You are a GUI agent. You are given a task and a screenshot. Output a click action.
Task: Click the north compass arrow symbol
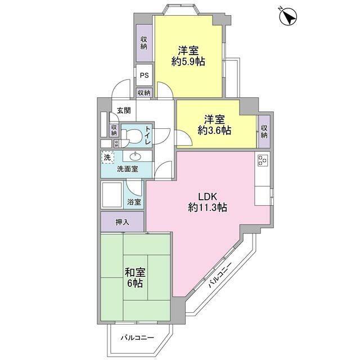click(x=288, y=16)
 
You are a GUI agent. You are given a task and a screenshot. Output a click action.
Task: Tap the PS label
click(x=145, y=75)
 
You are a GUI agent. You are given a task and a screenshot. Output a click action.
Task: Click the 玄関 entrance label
click(x=124, y=111)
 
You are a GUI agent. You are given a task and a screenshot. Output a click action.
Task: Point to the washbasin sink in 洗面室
click(x=136, y=156)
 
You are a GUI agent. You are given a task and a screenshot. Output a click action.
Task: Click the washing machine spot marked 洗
click(x=107, y=157)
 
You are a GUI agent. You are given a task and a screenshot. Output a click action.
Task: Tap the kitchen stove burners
click(x=263, y=160)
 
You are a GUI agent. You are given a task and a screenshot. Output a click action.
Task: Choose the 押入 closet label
click(x=123, y=222)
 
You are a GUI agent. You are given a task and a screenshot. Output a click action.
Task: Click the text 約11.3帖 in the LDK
click(x=208, y=208)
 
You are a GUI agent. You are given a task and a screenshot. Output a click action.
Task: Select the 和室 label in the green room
click(x=135, y=273)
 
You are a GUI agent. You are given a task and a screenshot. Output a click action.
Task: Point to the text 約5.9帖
click(x=188, y=61)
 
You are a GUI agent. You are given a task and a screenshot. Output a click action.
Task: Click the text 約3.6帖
click(x=214, y=130)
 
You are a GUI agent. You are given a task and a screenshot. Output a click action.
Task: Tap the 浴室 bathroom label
click(x=134, y=202)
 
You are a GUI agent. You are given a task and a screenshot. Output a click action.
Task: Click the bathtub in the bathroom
click(x=112, y=195)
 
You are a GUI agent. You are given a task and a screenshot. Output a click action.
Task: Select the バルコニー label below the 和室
click(x=137, y=337)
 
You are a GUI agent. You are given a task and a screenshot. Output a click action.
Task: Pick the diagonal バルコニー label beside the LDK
click(x=220, y=275)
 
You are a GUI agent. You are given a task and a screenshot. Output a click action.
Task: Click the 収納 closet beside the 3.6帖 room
click(x=264, y=132)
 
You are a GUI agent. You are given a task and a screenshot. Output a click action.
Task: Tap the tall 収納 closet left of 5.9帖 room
click(x=144, y=43)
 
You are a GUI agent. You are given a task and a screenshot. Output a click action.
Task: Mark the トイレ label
click(x=148, y=135)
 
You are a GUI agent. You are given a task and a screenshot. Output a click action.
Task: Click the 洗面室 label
click(x=128, y=169)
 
